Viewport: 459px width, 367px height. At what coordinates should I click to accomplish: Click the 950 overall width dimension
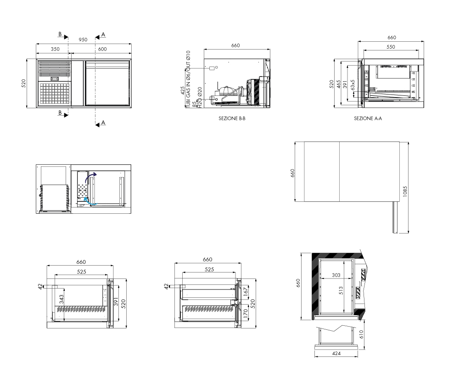tap(83, 39)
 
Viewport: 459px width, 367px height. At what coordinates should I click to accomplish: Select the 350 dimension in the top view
tap(55, 49)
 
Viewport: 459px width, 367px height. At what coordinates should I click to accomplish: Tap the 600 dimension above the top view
tap(102, 49)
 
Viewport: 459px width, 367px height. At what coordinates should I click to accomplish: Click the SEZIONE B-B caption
tap(232, 118)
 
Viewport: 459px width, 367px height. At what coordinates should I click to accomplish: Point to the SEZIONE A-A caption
tap(368, 118)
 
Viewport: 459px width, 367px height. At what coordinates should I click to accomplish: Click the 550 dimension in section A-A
tap(391, 47)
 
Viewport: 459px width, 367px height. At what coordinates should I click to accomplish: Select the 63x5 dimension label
tap(353, 85)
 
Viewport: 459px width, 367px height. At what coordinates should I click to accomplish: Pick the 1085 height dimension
tap(405, 191)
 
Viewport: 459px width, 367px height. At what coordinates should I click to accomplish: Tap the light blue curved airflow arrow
tap(90, 201)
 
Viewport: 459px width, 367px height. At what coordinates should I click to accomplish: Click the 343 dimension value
tap(62, 299)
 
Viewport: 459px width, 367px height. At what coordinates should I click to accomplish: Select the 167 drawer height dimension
tap(246, 290)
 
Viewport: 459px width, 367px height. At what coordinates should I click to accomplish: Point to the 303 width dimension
tap(336, 275)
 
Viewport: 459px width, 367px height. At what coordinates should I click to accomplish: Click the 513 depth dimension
tap(341, 290)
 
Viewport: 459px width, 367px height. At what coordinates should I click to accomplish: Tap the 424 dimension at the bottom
tap(336, 354)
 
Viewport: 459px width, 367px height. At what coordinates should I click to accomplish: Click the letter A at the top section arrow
tap(103, 35)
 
